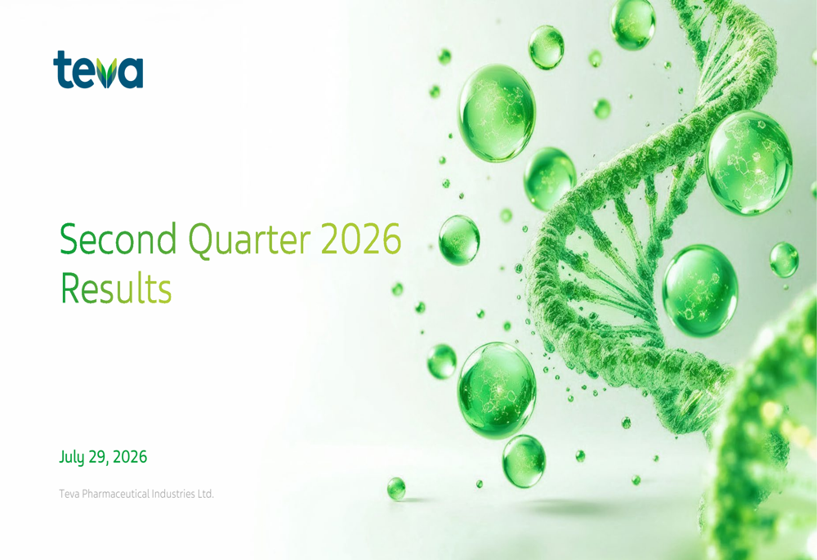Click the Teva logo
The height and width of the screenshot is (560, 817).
tap(98, 69)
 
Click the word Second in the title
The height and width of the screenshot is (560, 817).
tap(118, 239)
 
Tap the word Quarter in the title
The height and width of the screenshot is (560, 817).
tap(249, 240)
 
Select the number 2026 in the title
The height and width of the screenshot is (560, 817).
tap(361, 239)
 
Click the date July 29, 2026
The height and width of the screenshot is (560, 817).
tap(103, 457)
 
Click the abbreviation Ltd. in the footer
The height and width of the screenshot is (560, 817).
tap(205, 493)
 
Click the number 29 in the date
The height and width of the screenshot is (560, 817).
tap(97, 457)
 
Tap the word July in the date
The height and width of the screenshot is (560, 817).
tap(72, 457)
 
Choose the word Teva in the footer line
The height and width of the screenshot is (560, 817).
tap(69, 493)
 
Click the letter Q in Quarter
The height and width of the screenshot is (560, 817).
tap(199, 240)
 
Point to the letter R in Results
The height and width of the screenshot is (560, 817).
tap(69, 287)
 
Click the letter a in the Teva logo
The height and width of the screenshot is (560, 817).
tap(130, 73)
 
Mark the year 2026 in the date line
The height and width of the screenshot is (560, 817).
tap(130, 457)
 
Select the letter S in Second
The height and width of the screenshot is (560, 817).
tap(69, 239)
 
